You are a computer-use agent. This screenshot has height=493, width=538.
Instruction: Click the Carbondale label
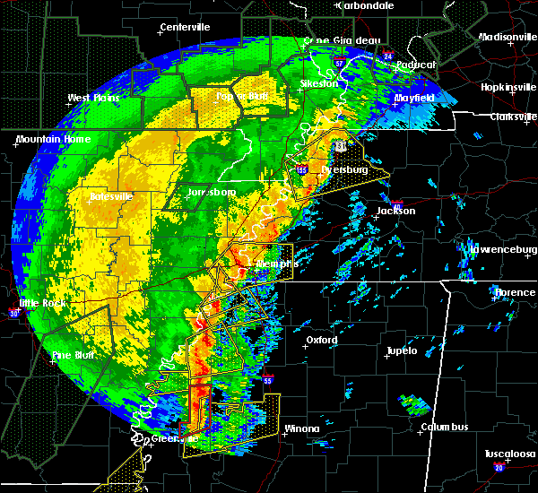click(x=365, y=5)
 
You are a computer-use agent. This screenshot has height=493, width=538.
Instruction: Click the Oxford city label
click(x=321, y=340)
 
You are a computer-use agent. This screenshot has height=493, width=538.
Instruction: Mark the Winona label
click(x=301, y=428)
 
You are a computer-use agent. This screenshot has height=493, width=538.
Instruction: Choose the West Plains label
click(x=93, y=98)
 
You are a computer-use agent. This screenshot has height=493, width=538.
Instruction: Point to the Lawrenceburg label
click(x=502, y=248)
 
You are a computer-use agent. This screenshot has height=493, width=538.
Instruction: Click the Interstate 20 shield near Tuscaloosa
click(x=499, y=468)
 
